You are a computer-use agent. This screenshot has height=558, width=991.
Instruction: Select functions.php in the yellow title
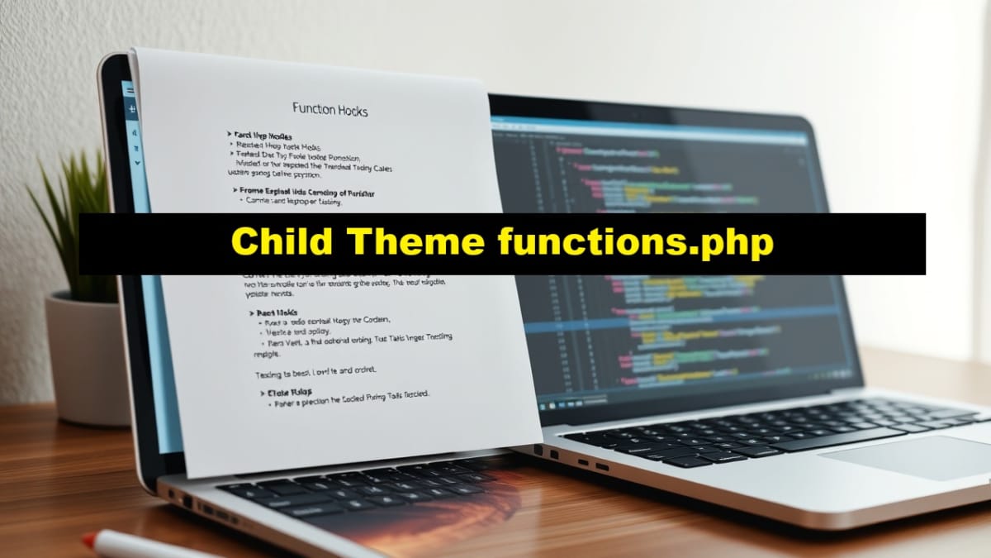pyautogui.click(x=635, y=244)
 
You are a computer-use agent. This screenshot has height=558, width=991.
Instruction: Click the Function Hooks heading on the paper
pyautogui.click(x=330, y=110)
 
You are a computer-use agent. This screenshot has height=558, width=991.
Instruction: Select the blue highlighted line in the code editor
pyautogui.click(x=702, y=324)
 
